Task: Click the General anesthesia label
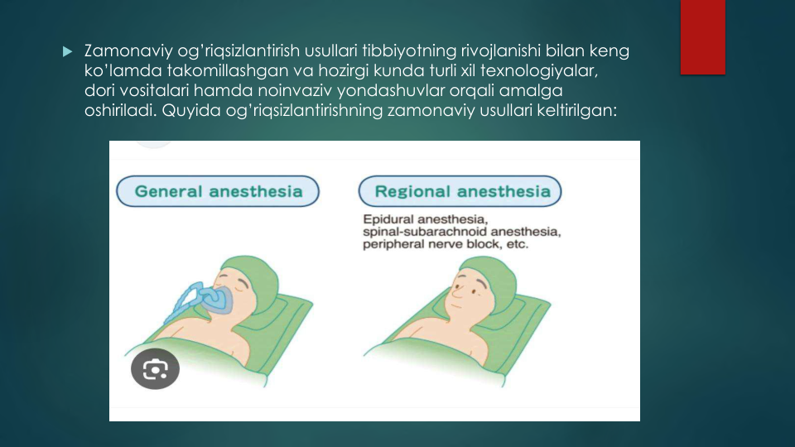click(218, 191)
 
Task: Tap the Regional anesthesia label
click(460, 191)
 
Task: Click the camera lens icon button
click(155, 369)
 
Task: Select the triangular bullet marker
click(67, 51)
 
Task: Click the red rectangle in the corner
click(703, 37)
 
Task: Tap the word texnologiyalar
click(539, 70)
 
